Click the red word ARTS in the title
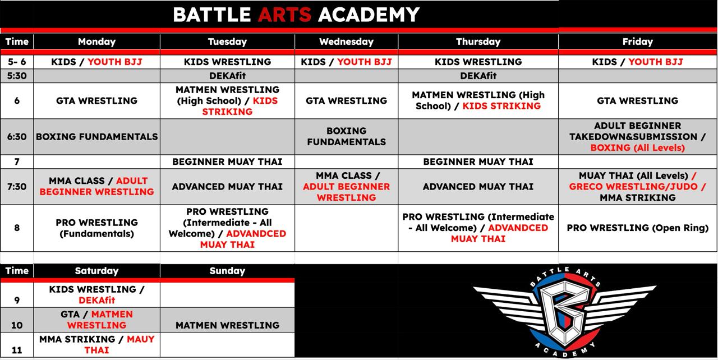(284, 15)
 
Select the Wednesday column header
(346, 41)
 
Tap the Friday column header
(637, 41)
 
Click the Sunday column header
(227, 271)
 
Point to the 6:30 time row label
(17, 137)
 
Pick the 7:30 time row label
(17, 186)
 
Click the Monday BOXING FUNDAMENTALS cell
(96, 137)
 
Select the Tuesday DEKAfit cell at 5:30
(227, 76)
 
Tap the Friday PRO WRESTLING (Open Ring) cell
(637, 228)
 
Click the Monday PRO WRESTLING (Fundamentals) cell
(96, 228)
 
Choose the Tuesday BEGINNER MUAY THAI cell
(227, 161)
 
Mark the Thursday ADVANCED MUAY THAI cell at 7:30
(478, 186)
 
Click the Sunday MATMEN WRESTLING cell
(227, 325)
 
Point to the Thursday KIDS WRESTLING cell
(478, 62)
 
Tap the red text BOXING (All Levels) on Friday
(637, 148)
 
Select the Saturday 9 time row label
(17, 300)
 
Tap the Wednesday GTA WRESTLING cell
(346, 101)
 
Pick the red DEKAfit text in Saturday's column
(96, 301)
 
